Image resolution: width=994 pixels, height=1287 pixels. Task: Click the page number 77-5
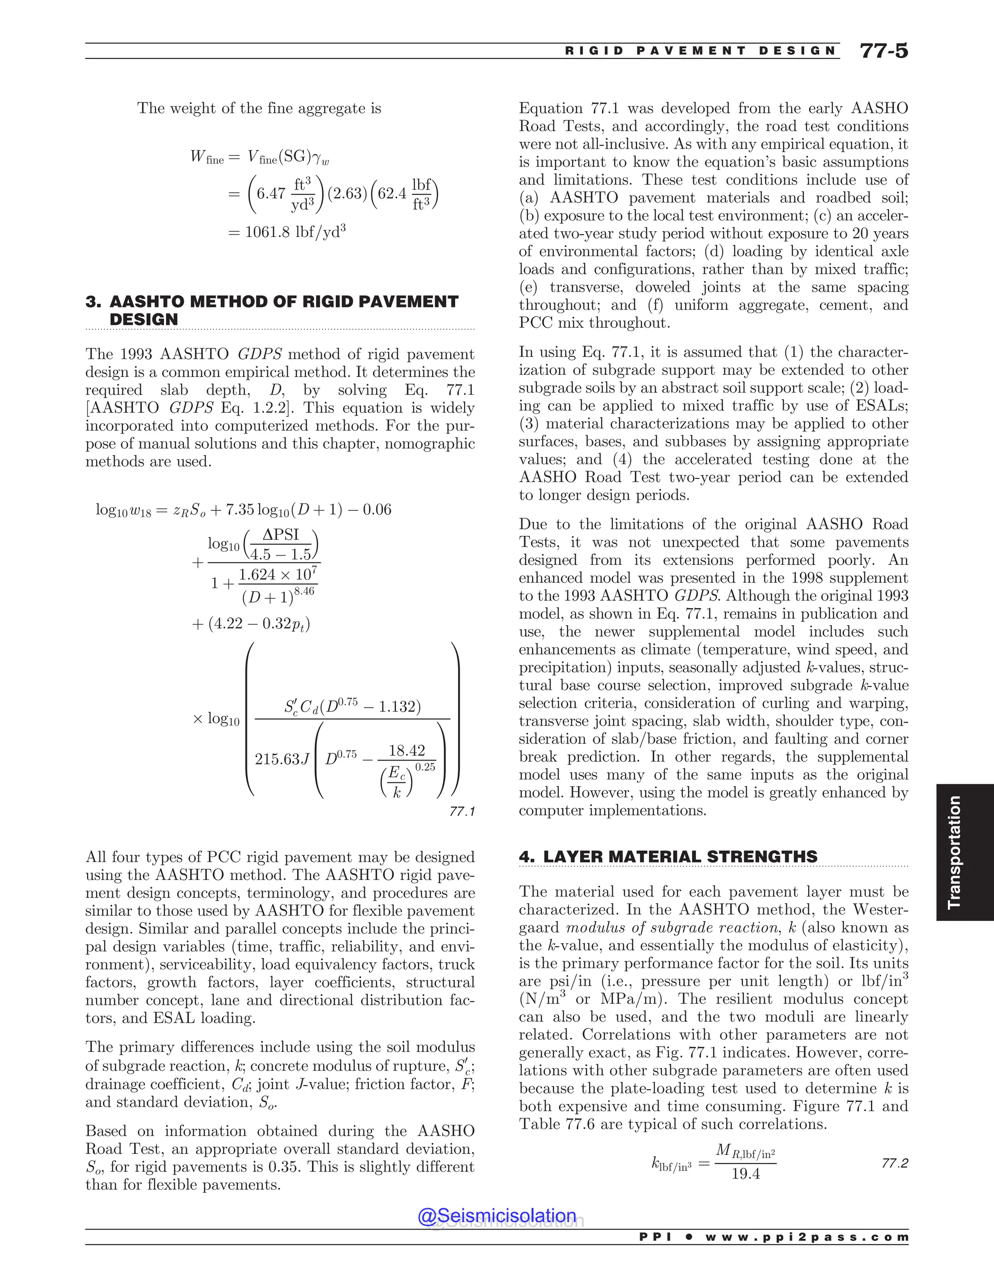pos(884,51)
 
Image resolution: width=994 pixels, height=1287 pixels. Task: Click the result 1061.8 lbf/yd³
pos(287,232)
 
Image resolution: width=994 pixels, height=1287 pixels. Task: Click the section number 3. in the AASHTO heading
pos(93,302)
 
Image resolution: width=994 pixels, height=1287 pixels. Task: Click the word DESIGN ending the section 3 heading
pos(144,320)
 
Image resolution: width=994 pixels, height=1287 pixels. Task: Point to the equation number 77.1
pos(462,812)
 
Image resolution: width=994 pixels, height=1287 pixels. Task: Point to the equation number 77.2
pos(895,1163)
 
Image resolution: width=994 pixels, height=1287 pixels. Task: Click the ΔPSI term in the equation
pos(281,535)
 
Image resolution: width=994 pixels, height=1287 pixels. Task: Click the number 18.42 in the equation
pos(407,750)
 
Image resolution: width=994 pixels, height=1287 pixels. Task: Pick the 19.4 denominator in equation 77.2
pos(745,1174)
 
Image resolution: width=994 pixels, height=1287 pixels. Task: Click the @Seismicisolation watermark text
pos(497,1215)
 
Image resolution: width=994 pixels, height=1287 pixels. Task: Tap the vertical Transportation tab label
pos(954,852)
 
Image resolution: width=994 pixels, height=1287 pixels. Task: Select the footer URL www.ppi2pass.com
pos(807,1237)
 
